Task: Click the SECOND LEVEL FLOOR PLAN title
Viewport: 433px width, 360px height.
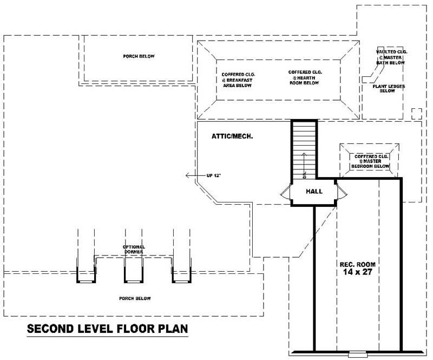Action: coord(107,329)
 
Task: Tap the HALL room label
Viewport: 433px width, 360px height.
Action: coord(314,192)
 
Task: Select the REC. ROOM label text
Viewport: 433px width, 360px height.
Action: coord(355,265)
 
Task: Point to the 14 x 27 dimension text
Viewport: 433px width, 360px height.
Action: coord(355,273)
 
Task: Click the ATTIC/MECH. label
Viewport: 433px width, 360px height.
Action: coord(233,137)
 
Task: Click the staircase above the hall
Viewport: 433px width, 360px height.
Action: coord(303,149)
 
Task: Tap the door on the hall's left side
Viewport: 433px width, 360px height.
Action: coord(285,192)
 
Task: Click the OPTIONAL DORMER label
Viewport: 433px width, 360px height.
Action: coord(133,250)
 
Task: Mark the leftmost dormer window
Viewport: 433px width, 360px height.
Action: coord(86,275)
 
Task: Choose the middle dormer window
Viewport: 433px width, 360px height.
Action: coord(133,275)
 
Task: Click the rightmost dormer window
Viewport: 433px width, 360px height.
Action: coord(181,275)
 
